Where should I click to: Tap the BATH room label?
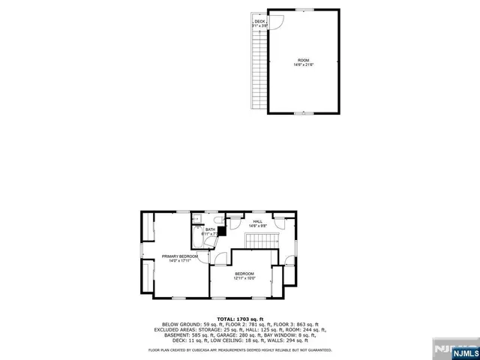pyautogui.click(x=210, y=229)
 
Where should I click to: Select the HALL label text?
pyautogui.click(x=257, y=221)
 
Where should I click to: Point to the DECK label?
pyautogui.click(x=259, y=22)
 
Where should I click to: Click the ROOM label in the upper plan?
pyautogui.click(x=303, y=60)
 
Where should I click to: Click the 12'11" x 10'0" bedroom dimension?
pyautogui.click(x=244, y=278)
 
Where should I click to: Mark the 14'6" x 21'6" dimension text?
pyautogui.click(x=303, y=64)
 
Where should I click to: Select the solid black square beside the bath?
pyautogui.click(x=222, y=232)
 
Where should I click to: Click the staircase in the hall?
pyautogui.click(x=262, y=241)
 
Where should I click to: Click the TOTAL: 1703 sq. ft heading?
pyautogui.click(x=240, y=318)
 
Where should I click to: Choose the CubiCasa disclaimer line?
pyautogui.click(x=240, y=349)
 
